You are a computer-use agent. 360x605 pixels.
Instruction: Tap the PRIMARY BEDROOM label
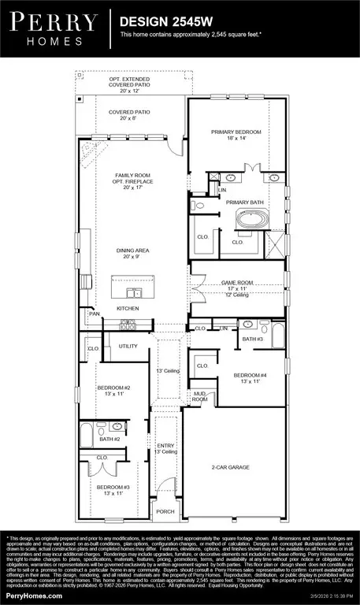[x=236, y=132]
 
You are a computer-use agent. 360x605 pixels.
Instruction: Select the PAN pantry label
[x=95, y=313]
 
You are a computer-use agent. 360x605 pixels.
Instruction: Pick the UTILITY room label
[x=128, y=346]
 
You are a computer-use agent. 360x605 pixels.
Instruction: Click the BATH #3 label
[x=251, y=340]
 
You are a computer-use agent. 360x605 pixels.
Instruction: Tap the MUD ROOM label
[x=200, y=396]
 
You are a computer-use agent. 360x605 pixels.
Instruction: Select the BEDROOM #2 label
[x=114, y=388]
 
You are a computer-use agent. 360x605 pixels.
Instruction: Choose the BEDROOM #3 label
[x=114, y=488]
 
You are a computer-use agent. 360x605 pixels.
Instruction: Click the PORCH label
[x=165, y=511]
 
